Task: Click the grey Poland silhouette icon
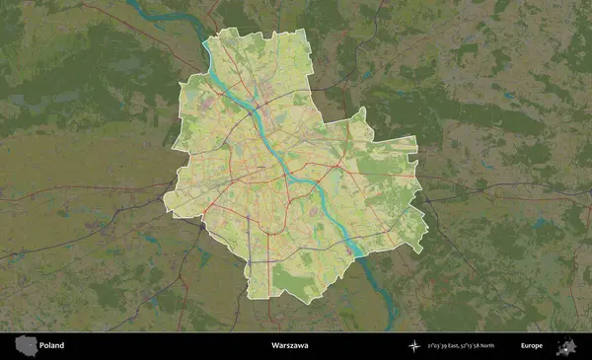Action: click(26, 345)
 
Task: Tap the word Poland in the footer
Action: click(52, 346)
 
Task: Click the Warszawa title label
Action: click(290, 346)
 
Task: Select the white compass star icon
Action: click(414, 346)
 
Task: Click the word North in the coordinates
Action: click(501, 346)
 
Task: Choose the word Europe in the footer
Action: click(533, 346)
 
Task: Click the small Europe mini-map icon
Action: click(566, 346)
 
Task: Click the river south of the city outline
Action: click(391, 306)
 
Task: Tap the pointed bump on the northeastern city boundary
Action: click(362, 111)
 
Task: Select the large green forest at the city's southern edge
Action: click(296, 281)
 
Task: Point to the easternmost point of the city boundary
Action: click(428, 237)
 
